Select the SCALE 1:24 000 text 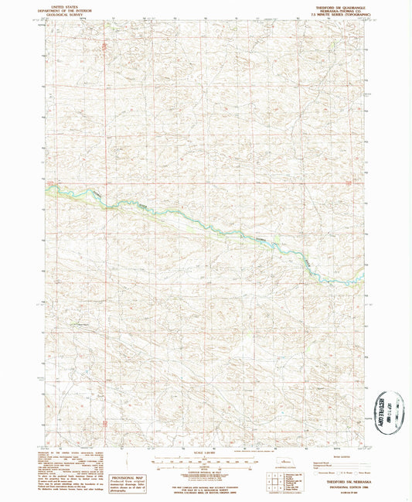coord(205,451)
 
